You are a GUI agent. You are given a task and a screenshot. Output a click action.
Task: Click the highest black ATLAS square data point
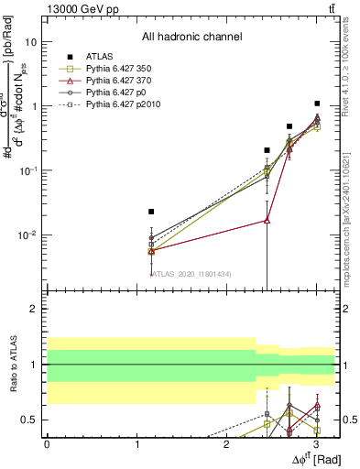click(317, 104)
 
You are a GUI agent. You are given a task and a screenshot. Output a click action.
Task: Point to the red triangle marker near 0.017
click(267, 220)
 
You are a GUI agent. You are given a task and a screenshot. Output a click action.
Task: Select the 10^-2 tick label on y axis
click(27, 235)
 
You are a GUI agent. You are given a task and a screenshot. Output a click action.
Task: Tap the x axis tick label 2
click(226, 443)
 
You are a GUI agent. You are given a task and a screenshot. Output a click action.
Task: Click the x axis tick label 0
click(47, 443)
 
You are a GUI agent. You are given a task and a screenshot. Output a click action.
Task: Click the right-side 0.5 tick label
click(349, 420)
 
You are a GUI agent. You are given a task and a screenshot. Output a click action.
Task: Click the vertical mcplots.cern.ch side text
click(350, 220)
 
